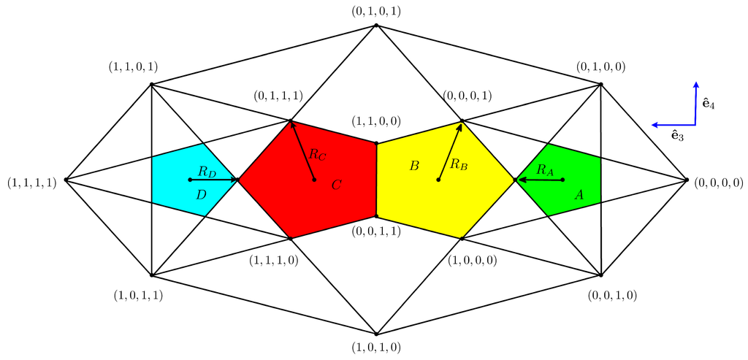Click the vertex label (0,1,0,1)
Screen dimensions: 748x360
[375, 11]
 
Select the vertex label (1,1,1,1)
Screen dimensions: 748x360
[31, 183]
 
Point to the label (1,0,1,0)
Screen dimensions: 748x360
[375, 348]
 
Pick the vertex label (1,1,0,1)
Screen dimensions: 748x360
[131, 67]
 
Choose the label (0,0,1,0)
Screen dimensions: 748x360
[612, 295]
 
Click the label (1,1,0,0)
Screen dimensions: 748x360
[375, 121]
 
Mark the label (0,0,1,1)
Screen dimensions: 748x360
[375, 231]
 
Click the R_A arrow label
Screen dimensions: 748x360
[545, 169]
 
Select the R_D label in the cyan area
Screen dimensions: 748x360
[207, 172]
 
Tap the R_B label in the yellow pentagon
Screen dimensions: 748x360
[459, 164]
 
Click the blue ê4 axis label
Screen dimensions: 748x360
[708, 104]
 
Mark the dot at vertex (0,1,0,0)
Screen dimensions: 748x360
[600, 85]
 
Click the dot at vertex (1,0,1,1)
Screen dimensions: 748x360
[151, 275]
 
